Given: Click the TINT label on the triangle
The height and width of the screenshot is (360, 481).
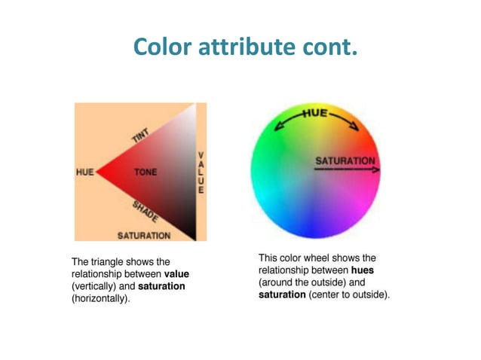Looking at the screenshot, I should coord(140,135).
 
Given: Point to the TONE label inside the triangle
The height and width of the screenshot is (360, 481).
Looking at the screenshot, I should coord(146,172).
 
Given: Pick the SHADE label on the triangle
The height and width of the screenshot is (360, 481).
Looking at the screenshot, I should coord(145,211).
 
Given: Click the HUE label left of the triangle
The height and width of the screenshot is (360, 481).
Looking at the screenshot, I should coord(85,172).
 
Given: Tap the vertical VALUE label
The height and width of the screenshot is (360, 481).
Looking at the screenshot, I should coord(201,173).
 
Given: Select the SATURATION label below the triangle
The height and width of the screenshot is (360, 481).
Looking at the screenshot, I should coord(143,235).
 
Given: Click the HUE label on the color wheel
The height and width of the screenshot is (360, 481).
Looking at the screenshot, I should coord(316,113).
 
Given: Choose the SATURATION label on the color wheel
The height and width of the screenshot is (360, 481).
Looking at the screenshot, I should coord(344,160).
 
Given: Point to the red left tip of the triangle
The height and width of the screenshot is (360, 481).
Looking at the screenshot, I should coord(100,172).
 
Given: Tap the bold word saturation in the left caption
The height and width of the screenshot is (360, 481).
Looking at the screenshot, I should coord(161,287).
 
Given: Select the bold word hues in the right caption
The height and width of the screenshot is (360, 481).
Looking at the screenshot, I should coord(362,270).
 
